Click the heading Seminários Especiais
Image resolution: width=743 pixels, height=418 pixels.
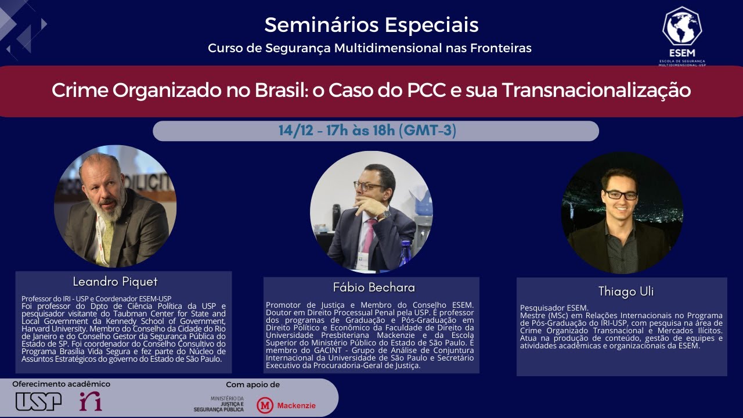point(371,25)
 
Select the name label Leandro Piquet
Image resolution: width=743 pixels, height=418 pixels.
point(115,282)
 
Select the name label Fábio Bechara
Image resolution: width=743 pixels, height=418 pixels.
point(374,287)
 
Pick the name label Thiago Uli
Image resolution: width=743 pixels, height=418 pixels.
point(622,291)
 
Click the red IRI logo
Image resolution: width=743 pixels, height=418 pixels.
point(91,401)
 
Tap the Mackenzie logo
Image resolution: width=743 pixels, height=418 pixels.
point(287,405)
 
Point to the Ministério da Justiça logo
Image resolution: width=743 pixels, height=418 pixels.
point(219,404)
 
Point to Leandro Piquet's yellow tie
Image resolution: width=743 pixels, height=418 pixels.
point(108,238)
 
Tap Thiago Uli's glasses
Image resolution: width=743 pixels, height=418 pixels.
point(621,194)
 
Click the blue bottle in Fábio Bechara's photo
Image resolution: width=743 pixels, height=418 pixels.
point(405,254)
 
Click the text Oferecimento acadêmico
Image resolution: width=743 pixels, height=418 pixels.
point(61,384)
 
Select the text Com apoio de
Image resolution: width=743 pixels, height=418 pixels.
point(253,385)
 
